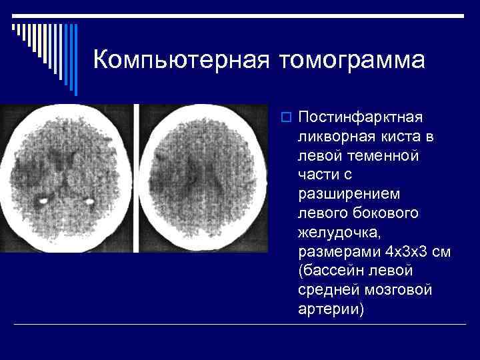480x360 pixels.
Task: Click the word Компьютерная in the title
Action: (181, 59)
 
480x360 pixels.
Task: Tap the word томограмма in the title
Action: (353, 59)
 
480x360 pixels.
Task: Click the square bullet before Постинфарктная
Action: (285, 118)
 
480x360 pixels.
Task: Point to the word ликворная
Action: (334, 137)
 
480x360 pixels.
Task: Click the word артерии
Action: (331, 310)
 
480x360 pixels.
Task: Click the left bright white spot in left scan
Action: (43, 199)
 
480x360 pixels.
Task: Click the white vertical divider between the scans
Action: (137, 178)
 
